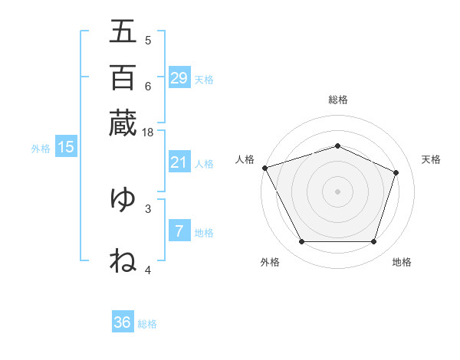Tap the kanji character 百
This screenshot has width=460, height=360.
point(123,77)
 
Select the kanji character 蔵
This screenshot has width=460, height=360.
point(123,123)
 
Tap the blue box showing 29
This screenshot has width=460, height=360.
point(179,78)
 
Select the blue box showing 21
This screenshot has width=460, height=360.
point(179,162)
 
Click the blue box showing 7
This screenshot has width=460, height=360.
point(179,231)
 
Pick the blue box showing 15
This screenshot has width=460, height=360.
point(66,148)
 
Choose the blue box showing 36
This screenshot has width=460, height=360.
point(123,322)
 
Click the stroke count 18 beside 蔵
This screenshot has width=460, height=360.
point(147,133)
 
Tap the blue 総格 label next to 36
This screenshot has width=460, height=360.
point(147,324)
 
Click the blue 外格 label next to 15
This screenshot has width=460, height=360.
point(40,149)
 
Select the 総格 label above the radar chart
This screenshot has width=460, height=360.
point(337,100)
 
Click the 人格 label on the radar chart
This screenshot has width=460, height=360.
point(245,159)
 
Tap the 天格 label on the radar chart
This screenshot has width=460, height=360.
point(431,159)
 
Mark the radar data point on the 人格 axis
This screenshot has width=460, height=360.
point(264,168)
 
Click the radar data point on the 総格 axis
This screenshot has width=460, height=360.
point(337,146)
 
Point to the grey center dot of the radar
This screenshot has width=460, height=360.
point(337,191)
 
